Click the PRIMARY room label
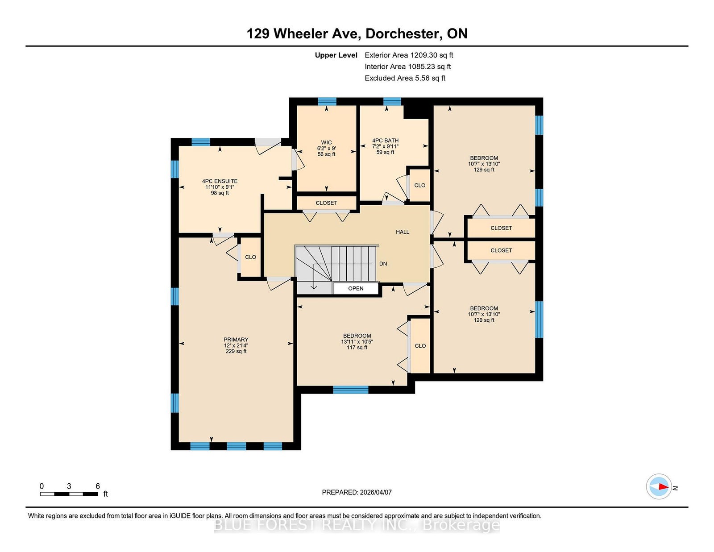click(236, 340)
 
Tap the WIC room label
click(326, 142)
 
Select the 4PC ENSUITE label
click(220, 181)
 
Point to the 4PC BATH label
click(386, 141)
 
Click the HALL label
click(403, 232)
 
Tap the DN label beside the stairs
click(383, 264)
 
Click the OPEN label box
click(356, 288)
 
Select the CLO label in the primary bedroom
click(250, 257)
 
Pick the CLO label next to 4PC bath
click(419, 185)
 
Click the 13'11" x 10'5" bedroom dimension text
click(357, 342)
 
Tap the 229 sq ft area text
click(236, 351)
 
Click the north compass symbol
click(659, 486)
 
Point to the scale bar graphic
click(69, 494)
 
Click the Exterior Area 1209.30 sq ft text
click(409, 55)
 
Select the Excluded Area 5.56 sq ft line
click(405, 78)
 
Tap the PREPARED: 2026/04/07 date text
click(357, 492)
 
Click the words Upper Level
click(336, 55)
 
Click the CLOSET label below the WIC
click(326, 203)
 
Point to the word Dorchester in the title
click(403, 33)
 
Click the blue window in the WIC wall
click(327, 101)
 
